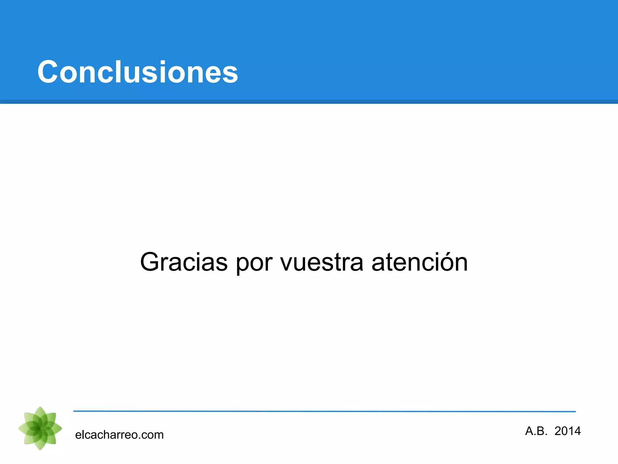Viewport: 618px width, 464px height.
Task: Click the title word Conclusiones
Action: tap(138, 72)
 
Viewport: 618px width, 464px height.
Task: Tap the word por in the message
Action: tap(254, 263)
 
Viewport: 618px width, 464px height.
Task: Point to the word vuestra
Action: tap(322, 262)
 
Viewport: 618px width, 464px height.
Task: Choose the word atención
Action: tap(419, 262)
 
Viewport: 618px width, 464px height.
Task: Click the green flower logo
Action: tap(40, 428)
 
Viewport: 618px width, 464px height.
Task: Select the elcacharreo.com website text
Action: tap(119, 435)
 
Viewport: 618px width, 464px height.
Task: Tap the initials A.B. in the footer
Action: tap(536, 431)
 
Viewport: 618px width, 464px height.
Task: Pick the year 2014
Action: tap(568, 431)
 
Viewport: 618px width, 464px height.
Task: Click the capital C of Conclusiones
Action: tap(48, 72)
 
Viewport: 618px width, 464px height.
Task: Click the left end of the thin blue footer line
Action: tap(74, 411)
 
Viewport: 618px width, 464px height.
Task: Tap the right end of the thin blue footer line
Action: tap(575, 411)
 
